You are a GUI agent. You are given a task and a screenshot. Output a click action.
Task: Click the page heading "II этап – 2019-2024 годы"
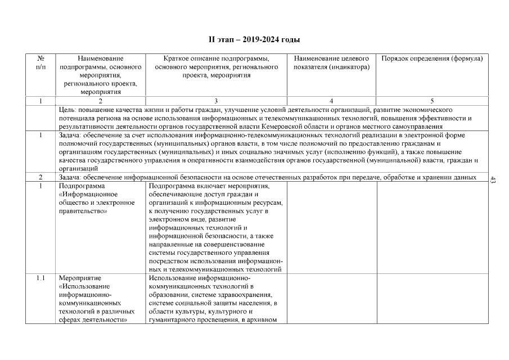pyautogui.click(x=254, y=40)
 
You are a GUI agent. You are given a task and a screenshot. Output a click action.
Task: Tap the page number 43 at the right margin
pyautogui.click(x=493, y=180)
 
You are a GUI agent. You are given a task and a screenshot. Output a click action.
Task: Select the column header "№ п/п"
pyautogui.click(x=40, y=62)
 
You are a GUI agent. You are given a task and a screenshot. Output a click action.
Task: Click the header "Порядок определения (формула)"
pyautogui.click(x=432, y=58)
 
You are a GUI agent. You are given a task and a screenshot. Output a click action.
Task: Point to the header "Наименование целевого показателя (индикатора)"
pyautogui.click(x=332, y=62)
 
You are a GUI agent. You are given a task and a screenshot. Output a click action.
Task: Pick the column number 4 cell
pyautogui.click(x=331, y=101)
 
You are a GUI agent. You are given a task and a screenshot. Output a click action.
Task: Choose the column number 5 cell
pyautogui.click(x=432, y=101)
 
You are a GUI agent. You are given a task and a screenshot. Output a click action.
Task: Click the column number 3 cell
pyautogui.click(x=200, y=101)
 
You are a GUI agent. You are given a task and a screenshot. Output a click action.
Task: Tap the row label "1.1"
pyautogui.click(x=40, y=278)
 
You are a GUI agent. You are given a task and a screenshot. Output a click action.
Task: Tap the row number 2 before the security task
pyautogui.click(x=40, y=177)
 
